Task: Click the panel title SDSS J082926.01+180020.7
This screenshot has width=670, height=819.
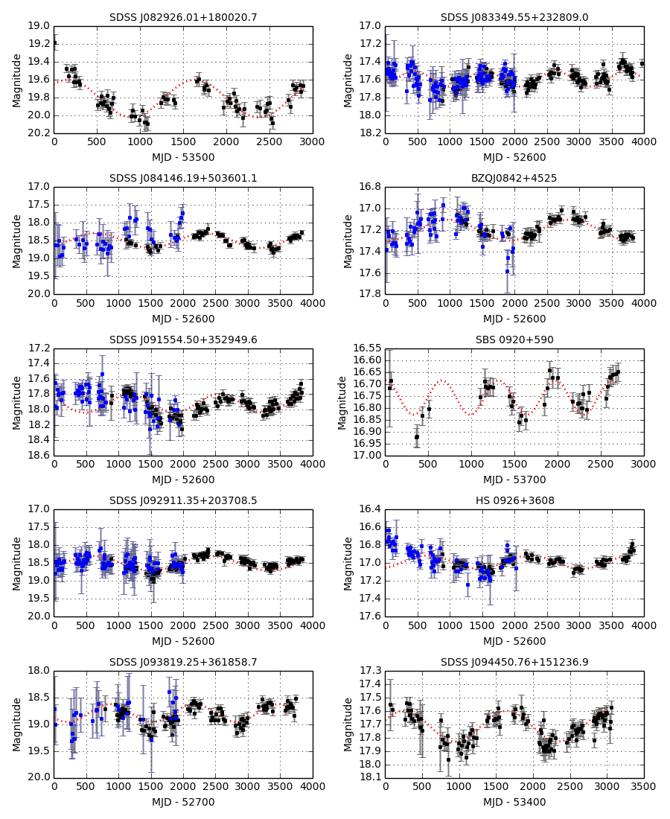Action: [183, 17]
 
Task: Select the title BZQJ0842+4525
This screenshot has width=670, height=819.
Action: [514, 179]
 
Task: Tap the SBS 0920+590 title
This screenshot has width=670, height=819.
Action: [514, 340]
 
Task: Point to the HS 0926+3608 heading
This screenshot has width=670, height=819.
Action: [514, 501]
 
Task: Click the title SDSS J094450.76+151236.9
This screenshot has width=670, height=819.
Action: [514, 662]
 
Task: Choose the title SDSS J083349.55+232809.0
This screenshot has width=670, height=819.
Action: [514, 17]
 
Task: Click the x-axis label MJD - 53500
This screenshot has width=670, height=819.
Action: [183, 157]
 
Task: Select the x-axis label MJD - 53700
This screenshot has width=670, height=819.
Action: [514, 479]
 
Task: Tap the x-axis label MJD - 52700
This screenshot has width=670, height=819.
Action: [183, 802]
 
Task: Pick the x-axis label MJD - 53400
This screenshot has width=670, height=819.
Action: [514, 802]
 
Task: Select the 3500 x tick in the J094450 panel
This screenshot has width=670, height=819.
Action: [643, 788]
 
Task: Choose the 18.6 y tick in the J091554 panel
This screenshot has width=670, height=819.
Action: [40, 455]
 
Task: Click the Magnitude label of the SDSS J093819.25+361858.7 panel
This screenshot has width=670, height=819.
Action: [17, 724]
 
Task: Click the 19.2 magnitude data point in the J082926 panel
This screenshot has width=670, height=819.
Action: [54, 42]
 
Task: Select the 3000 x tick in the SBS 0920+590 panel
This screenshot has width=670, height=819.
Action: [643, 465]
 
